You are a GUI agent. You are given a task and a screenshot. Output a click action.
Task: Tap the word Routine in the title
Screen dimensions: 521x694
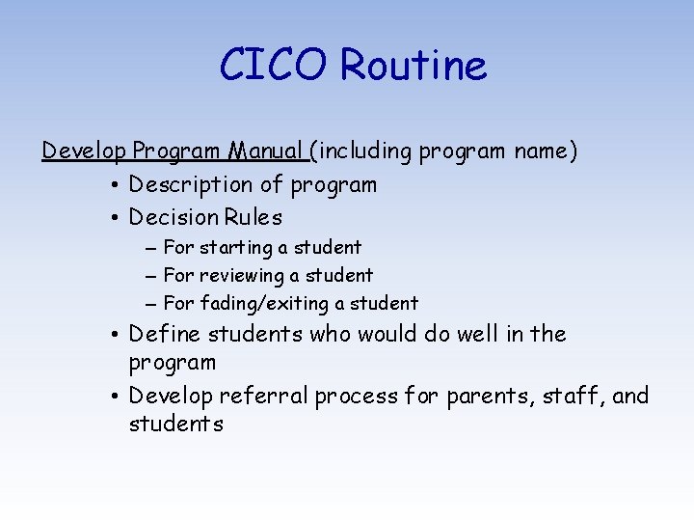(x=414, y=66)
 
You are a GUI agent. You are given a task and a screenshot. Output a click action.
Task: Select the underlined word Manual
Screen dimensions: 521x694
(x=266, y=151)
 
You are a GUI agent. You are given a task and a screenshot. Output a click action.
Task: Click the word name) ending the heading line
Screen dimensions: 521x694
(x=546, y=151)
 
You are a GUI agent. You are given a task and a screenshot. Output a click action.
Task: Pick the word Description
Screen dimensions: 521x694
(x=196, y=184)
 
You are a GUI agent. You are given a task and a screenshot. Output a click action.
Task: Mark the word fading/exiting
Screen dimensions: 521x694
(x=264, y=304)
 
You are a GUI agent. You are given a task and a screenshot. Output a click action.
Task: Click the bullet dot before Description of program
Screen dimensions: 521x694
(x=114, y=185)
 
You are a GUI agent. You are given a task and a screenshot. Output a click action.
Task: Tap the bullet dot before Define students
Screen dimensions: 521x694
(x=114, y=336)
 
